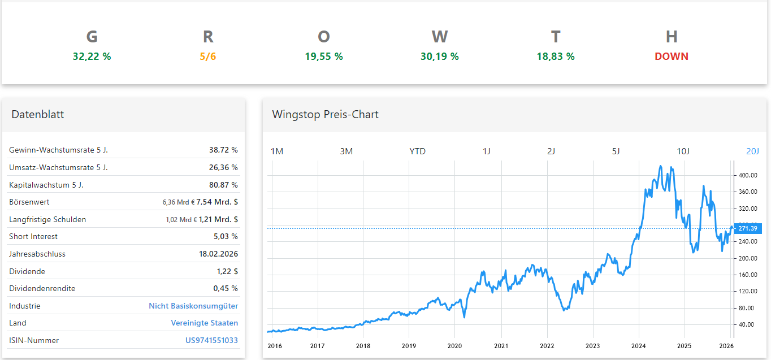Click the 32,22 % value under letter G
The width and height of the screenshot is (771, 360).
click(x=92, y=57)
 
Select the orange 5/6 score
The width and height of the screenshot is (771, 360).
click(x=208, y=57)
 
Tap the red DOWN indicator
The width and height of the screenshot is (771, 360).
click(x=672, y=57)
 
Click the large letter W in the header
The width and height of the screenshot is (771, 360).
click(x=439, y=37)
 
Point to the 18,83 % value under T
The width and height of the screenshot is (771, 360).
click(x=555, y=57)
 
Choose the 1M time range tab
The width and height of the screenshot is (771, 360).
click(x=277, y=151)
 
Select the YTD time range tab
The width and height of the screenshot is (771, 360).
click(x=417, y=151)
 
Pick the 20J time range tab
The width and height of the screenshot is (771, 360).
click(x=752, y=151)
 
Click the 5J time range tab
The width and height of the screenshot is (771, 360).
click(x=616, y=151)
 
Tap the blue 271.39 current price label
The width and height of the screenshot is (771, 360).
click(x=748, y=228)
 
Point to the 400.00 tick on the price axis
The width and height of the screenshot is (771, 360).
click(x=748, y=175)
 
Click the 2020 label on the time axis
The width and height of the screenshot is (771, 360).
click(x=455, y=346)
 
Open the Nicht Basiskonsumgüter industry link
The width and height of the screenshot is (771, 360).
click(x=193, y=306)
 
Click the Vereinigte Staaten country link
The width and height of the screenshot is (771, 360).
click(x=204, y=323)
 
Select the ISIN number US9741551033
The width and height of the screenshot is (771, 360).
click(x=211, y=340)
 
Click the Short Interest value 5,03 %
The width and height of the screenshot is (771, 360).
click(x=226, y=236)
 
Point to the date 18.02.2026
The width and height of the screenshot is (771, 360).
click(x=218, y=254)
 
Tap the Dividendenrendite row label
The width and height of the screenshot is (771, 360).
click(x=42, y=288)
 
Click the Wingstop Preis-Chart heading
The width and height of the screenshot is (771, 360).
click(x=325, y=115)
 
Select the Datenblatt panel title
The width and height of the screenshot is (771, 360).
click(x=37, y=115)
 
